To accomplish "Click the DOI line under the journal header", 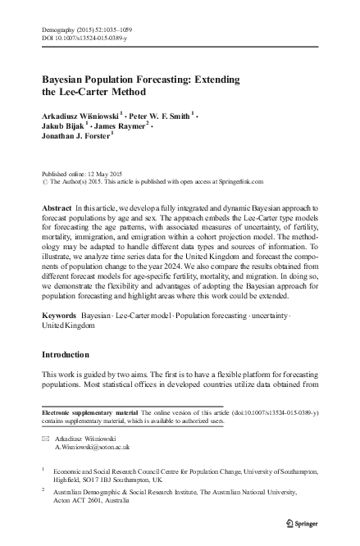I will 78,39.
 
